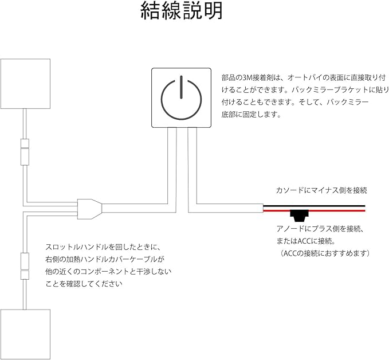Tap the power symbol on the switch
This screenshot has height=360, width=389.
click(182, 97)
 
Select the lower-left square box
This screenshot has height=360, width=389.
click(27, 333)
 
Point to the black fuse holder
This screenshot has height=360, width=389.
click(298, 216)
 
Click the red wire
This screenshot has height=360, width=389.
click(332, 210)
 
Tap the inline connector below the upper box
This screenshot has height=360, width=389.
click(25, 151)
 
